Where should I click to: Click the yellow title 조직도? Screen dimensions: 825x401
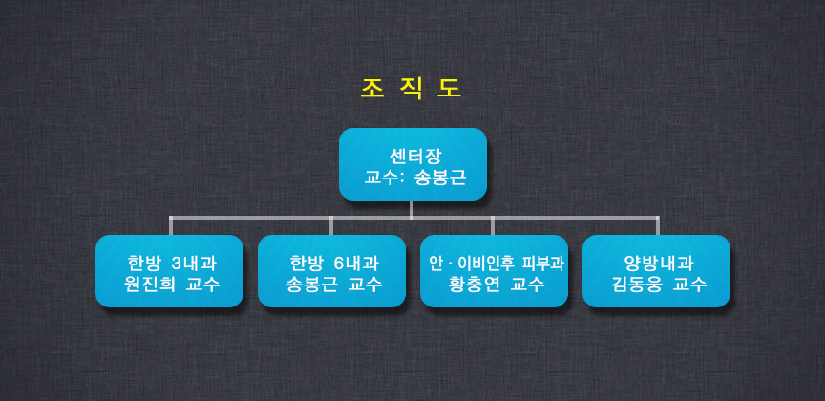411,89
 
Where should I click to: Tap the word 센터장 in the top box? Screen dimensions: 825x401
412,157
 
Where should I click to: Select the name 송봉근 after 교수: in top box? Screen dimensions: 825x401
440,178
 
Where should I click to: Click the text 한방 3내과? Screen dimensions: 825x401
172,263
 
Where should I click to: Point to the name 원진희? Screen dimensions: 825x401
149,285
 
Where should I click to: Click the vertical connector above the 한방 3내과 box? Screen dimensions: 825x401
171,225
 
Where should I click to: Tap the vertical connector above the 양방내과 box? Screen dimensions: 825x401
658,225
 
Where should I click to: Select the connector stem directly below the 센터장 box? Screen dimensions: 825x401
412,208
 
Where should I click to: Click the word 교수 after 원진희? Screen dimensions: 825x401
203,285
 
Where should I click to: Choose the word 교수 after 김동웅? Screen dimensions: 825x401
689,285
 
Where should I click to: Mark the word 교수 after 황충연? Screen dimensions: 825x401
528,285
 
